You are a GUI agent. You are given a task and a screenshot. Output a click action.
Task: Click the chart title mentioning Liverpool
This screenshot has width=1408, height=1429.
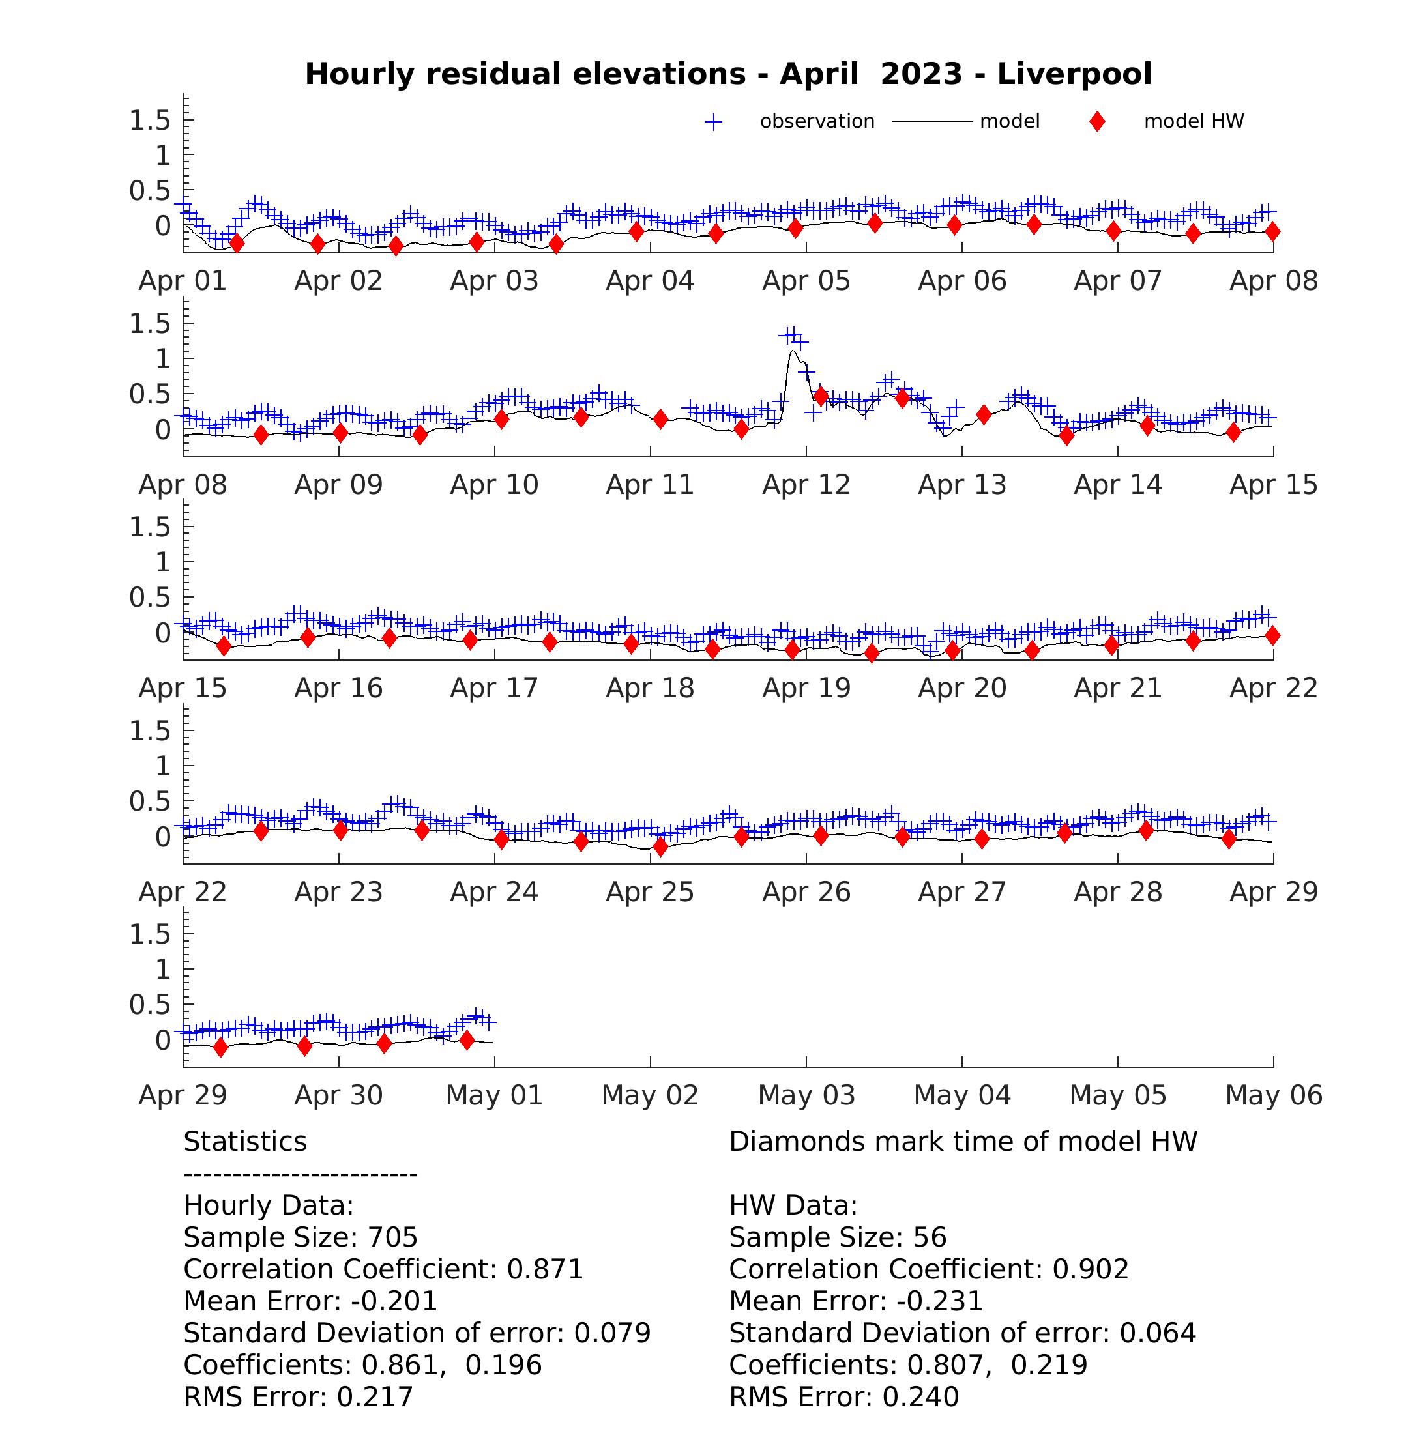pyautogui.click(x=728, y=74)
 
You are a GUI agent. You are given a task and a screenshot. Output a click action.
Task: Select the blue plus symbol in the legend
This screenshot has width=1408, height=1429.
pyautogui.click(x=714, y=122)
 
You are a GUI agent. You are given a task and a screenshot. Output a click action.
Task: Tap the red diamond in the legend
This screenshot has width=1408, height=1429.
pyautogui.click(x=1098, y=122)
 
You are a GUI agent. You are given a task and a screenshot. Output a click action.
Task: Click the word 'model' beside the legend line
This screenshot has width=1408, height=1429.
pyautogui.click(x=1010, y=121)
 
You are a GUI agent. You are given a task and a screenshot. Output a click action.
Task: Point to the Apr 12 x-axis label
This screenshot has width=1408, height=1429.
pyautogui.click(x=806, y=485)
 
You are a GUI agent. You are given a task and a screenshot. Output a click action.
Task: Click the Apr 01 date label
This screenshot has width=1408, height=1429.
pyautogui.click(x=183, y=281)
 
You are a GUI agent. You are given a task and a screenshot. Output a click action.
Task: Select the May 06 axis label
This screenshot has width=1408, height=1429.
pyautogui.click(x=1274, y=1095)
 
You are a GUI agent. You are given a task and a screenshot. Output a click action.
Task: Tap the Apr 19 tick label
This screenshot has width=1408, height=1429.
pyautogui.click(x=806, y=688)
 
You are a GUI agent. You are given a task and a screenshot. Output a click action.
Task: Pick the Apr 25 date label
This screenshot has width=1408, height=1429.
pyautogui.click(x=650, y=892)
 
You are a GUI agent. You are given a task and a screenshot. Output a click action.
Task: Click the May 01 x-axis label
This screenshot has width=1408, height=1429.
pyautogui.click(x=494, y=1095)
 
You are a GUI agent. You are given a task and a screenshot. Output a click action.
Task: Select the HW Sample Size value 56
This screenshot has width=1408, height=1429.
pyautogui.click(x=930, y=1237)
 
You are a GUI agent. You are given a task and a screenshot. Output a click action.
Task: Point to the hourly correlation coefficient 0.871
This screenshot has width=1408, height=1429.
pyautogui.click(x=545, y=1269)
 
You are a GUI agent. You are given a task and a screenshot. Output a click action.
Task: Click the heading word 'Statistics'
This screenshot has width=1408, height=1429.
pyautogui.click(x=245, y=1142)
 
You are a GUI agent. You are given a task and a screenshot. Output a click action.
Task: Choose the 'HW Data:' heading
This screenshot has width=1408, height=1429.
pyautogui.click(x=793, y=1205)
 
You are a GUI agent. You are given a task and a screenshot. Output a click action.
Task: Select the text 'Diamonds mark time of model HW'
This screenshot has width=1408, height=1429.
pyautogui.click(x=963, y=1142)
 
